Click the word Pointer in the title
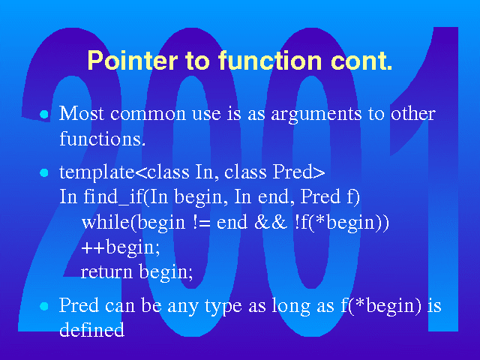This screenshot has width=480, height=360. [x=133, y=60]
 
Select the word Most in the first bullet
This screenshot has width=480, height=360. [x=82, y=113]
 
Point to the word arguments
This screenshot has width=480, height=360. [x=316, y=115]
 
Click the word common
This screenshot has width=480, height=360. [x=148, y=115]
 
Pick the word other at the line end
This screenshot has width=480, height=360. [x=413, y=113]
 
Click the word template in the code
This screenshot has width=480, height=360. [x=97, y=172]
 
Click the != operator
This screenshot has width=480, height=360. [x=202, y=223]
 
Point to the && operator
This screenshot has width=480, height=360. [x=270, y=222]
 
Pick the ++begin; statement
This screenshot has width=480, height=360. [x=121, y=248]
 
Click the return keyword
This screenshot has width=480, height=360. [x=106, y=271]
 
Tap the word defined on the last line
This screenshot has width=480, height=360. [x=91, y=329]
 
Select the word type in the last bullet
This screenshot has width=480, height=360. [x=223, y=306]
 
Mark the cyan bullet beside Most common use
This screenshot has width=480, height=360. [x=44, y=115]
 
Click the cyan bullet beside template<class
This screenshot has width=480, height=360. [x=44, y=173]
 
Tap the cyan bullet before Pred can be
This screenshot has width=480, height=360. [x=44, y=307]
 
